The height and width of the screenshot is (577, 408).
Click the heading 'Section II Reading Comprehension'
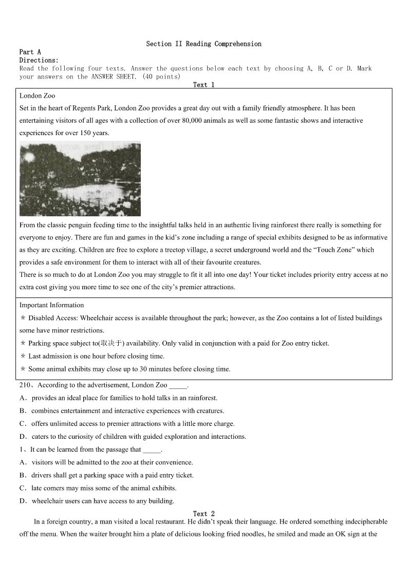point(203,44)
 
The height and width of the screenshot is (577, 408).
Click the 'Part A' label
point(30,52)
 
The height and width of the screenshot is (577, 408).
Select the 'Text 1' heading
point(203,85)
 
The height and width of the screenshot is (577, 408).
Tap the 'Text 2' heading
point(203,513)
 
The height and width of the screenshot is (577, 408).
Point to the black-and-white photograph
point(80,179)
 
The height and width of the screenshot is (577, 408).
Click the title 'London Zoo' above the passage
point(37,96)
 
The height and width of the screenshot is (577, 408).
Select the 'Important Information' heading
point(51,305)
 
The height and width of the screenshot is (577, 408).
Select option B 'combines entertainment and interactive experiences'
point(127,411)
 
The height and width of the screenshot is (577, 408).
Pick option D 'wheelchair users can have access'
point(102,501)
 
